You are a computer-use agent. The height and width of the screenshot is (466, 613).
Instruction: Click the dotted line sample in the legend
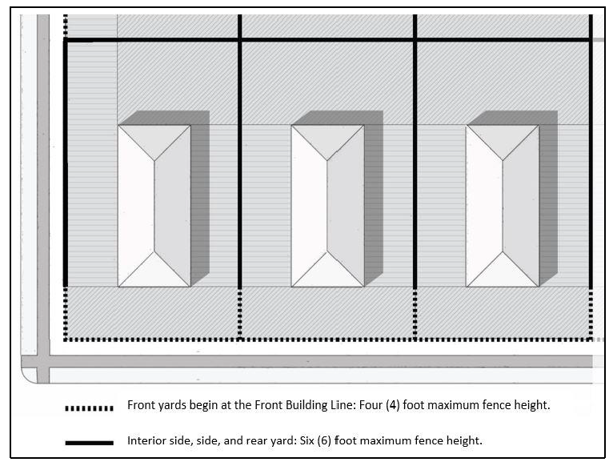(x=89, y=408)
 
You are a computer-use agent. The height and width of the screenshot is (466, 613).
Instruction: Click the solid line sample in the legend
(x=89, y=443)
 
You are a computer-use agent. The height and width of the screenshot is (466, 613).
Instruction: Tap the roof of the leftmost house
(x=154, y=206)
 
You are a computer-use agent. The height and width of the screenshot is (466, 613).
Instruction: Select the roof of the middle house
(x=327, y=206)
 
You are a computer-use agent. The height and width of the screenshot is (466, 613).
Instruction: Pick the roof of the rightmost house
(x=503, y=206)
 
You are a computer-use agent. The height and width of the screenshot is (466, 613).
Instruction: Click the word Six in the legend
(x=306, y=440)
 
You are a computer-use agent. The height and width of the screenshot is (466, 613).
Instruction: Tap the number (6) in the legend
(x=324, y=441)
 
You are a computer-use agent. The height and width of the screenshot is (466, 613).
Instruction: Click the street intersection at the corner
(x=43, y=362)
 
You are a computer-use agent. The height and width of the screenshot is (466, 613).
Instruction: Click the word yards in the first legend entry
(x=170, y=405)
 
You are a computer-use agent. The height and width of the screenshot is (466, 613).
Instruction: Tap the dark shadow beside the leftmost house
(x=200, y=195)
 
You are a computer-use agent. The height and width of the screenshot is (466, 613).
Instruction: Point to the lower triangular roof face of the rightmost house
(x=503, y=272)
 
